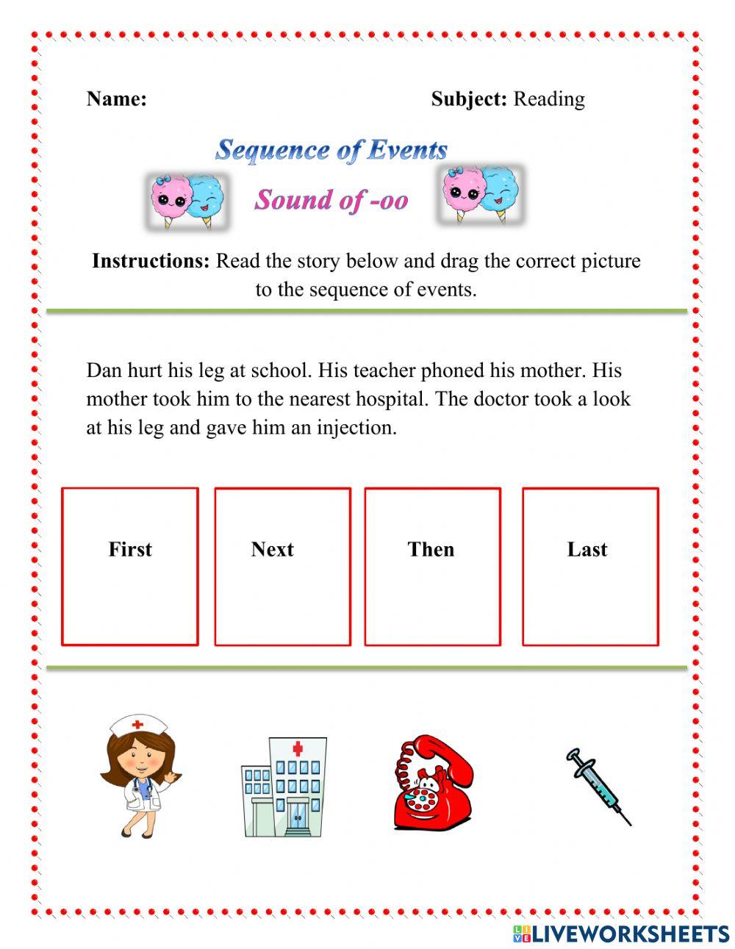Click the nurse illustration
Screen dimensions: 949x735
coord(140,776)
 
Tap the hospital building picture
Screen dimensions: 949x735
coord(283,787)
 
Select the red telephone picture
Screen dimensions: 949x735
coord(432,784)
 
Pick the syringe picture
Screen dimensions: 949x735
coord(598,786)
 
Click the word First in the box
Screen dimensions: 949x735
coord(130,549)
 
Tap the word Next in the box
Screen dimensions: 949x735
coord(272,549)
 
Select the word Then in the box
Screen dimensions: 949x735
coord(431,549)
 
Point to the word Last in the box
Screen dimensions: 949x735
coord(587,549)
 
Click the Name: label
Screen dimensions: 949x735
coord(116,99)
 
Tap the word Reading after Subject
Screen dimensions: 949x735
coord(549,99)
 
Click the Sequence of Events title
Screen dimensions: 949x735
coord(331,150)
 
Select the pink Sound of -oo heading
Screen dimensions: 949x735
coord(331,199)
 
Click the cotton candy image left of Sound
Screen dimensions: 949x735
coord(187,200)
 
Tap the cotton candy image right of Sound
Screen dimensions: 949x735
coord(480,195)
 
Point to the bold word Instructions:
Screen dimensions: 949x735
coord(151,261)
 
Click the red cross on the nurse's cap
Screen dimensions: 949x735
coord(137,725)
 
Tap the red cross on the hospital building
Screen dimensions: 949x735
coord(298,748)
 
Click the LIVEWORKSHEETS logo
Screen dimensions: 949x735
coord(620,934)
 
